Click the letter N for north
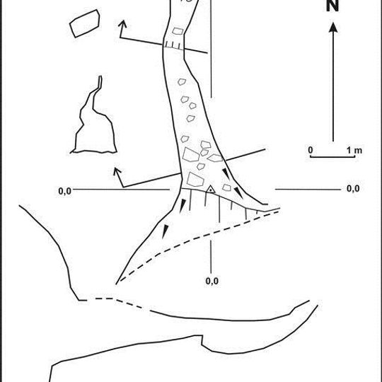332,6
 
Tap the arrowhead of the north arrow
333,28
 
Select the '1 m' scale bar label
354,150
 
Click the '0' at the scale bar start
311,150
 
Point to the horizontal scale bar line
332,156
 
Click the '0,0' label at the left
65,191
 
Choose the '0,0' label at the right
353,189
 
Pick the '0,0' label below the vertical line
212,281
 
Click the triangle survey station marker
211,190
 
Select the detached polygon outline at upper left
85,23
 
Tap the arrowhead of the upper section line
122,23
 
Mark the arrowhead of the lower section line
117,171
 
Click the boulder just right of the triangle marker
226,187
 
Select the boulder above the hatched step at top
178,31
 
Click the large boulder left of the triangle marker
195,180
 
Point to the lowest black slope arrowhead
165,231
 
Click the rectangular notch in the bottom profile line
202,340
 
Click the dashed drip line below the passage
195,239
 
